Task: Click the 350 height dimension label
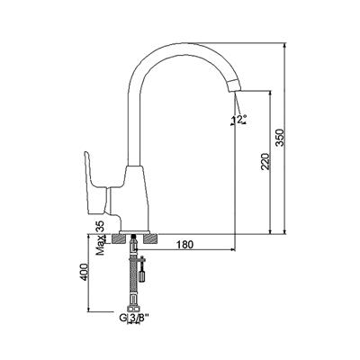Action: pyautogui.click(x=280, y=138)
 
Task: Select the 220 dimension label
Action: pyautogui.click(x=265, y=162)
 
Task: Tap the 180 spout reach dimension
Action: pyautogui.click(x=184, y=245)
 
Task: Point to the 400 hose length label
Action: pyautogui.click(x=84, y=272)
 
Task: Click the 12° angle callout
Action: pyautogui.click(x=239, y=120)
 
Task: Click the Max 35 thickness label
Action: pyautogui.click(x=101, y=238)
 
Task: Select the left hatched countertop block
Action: pyautogui.click(x=118, y=239)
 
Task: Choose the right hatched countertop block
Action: pyautogui.click(x=150, y=239)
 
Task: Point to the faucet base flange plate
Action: pyautogui.click(x=134, y=232)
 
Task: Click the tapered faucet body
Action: pyautogui.click(x=135, y=198)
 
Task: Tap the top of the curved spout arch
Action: pyautogui.click(x=180, y=48)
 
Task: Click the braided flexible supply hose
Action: pyautogui.click(x=133, y=277)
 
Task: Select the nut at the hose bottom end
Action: pyautogui.click(x=133, y=309)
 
